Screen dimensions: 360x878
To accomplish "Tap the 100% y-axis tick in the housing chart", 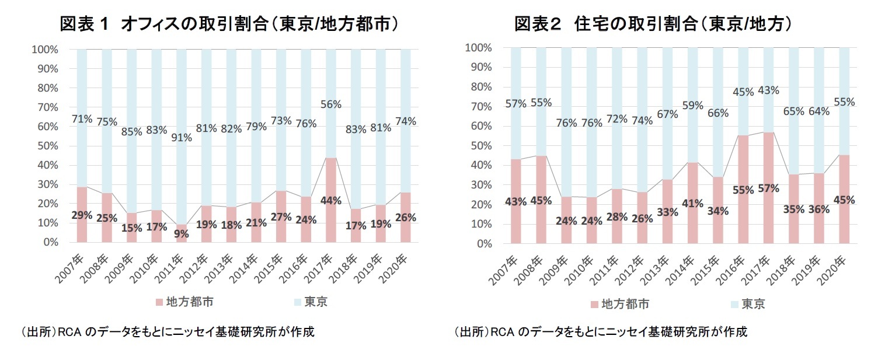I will (478, 48).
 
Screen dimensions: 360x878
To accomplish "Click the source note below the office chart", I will (167, 332).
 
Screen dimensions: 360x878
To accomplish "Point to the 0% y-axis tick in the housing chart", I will (483, 244).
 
